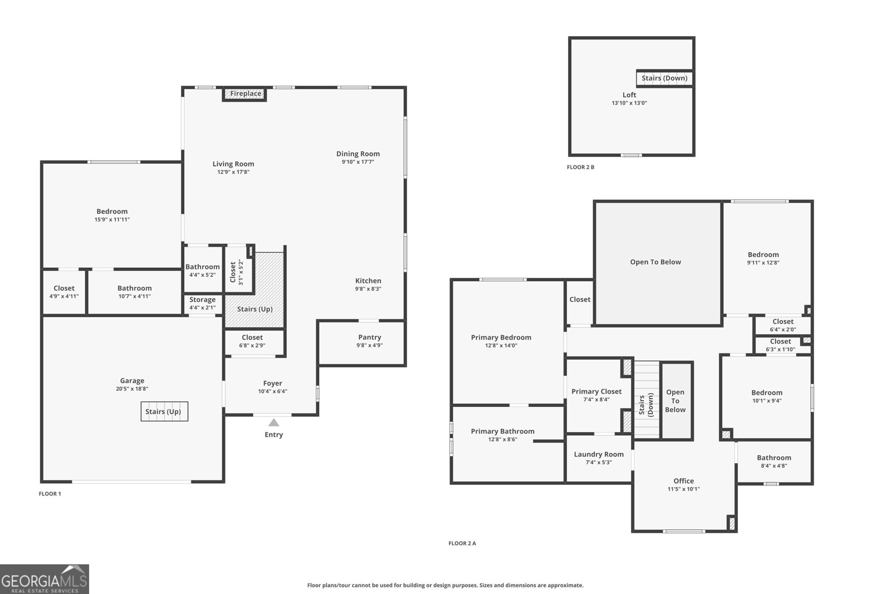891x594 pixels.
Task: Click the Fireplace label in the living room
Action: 246,94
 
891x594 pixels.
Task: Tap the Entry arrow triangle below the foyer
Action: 273,423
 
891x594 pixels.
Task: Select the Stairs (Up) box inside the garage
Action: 164,411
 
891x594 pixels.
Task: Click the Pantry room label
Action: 369,337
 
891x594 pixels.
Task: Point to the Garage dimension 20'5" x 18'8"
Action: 132,389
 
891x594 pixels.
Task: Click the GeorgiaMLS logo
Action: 45,579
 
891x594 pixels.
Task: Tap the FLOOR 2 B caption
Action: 580,167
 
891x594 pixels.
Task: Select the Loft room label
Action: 629,95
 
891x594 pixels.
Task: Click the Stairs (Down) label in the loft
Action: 664,78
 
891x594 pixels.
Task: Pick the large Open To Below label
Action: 655,262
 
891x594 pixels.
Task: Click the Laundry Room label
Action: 599,454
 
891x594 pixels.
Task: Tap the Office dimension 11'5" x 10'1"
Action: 683,489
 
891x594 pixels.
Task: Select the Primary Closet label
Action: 596,391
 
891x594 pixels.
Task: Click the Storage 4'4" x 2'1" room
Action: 202,303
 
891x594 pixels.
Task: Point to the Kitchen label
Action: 368,281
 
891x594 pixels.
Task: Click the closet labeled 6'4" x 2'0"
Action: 782,325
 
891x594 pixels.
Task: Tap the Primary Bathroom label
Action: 502,431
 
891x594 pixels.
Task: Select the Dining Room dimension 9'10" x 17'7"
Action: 358,162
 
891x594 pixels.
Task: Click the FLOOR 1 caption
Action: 50,494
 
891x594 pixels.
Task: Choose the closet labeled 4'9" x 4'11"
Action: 64,292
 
